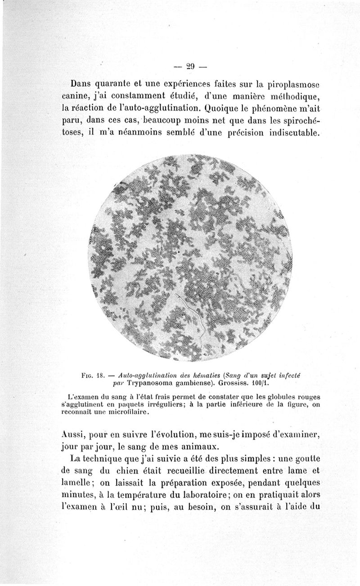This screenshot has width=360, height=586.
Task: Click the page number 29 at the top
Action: [189, 66]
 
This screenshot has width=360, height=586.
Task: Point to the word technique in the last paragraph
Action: [108, 459]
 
